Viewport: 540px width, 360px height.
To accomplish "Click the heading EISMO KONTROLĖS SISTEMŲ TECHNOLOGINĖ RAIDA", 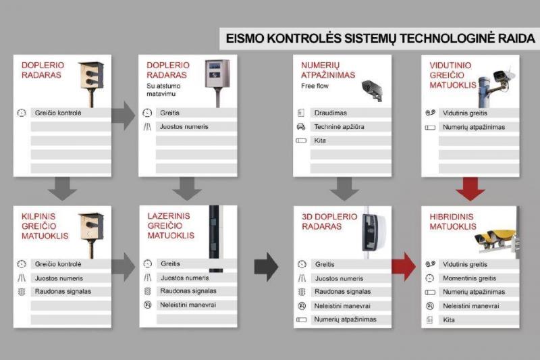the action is pos(380,38).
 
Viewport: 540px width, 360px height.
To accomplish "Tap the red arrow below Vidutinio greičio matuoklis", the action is pos(470,189).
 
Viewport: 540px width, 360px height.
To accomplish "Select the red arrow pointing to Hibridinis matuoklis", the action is pos(404,266).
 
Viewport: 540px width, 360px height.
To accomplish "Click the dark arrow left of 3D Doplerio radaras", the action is pos(266,267).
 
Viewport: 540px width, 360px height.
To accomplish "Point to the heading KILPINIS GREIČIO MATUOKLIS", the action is pos(45,226).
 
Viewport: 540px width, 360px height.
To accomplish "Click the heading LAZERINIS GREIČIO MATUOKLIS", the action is pos(171,226).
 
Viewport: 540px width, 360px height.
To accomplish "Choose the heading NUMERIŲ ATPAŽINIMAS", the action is pos(328,70).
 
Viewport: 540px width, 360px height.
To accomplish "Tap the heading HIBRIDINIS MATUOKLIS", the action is pos(453,222).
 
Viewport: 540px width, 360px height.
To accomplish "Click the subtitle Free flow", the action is pos(315,86).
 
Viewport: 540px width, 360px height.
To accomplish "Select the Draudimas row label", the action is pos(330,113).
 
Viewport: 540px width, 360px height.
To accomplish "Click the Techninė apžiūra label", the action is pos(339,127).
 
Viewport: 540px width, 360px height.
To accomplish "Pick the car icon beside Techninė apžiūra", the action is pos(301,127).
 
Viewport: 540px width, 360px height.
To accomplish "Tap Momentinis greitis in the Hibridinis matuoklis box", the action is pos(469,278).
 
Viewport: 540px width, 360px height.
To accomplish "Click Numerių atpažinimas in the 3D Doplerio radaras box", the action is pos(345,319).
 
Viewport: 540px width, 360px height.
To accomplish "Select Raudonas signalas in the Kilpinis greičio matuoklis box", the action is pos(63,292).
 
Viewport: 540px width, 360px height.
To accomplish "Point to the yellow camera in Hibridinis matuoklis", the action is pos(495,237).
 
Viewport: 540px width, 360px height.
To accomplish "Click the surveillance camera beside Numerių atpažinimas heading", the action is pos(372,90).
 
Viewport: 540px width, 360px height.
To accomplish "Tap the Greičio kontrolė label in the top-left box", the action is pos(58,113).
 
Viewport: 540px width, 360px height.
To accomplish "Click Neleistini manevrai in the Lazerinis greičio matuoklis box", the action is pos(188,305).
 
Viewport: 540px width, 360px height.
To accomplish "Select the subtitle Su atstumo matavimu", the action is pos(163,90).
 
